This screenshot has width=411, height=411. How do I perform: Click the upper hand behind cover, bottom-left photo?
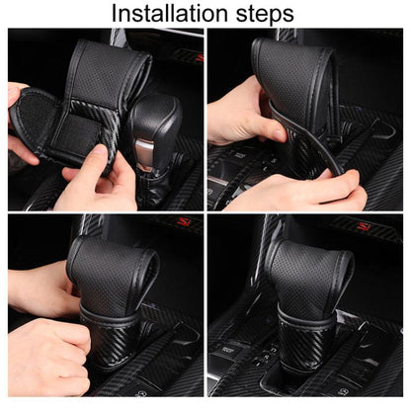(40, 287)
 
